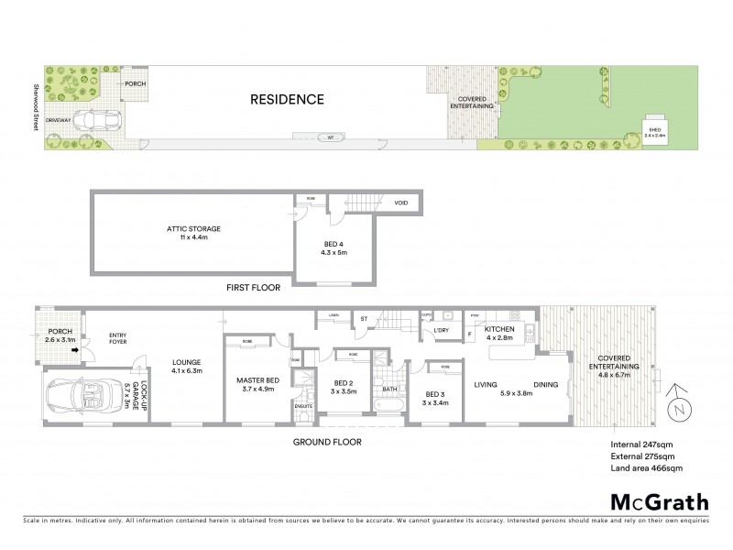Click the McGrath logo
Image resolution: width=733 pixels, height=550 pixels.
pos(660,501)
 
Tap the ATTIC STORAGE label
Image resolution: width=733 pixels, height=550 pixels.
pos(193,228)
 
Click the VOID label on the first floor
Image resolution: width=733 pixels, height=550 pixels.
pos(400,203)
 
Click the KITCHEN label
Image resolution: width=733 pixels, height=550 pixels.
pos(499,331)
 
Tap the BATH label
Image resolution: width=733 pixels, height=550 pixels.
pos(389,389)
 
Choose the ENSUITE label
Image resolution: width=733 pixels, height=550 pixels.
pos(303,404)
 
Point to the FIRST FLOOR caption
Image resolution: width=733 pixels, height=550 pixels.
pos(254,287)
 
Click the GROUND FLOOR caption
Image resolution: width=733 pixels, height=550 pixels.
pos(327,442)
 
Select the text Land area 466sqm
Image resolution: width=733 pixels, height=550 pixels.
pos(646,468)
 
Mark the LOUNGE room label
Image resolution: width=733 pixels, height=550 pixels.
pos(186,367)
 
